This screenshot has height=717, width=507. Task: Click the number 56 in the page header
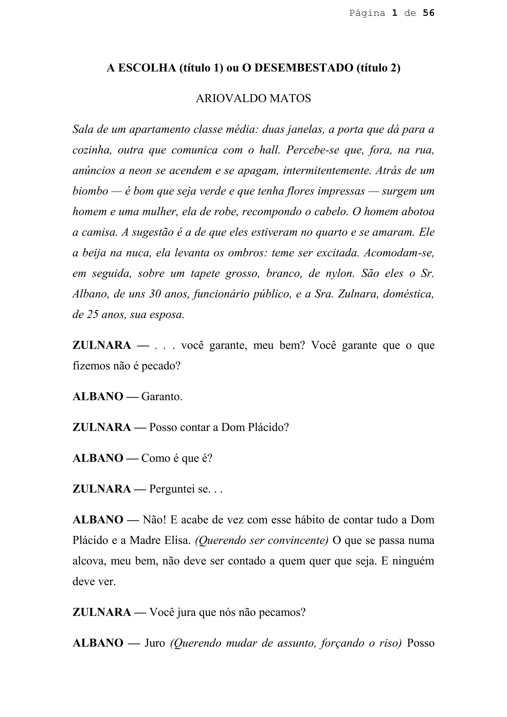(x=428, y=13)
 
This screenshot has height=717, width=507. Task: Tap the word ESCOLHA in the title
(x=147, y=68)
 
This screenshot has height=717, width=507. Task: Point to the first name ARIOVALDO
(x=230, y=98)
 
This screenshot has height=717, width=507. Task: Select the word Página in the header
(x=367, y=13)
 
